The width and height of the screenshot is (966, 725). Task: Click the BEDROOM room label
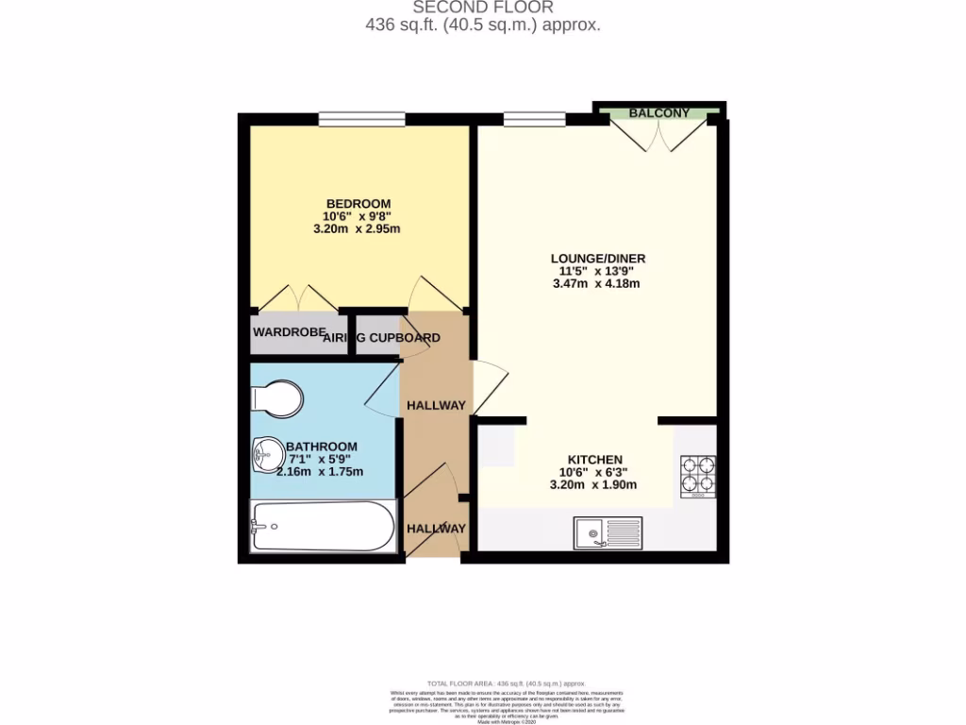tap(358, 204)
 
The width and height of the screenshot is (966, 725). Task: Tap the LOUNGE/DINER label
tap(598, 258)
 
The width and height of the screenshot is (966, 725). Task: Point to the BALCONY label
tap(659, 113)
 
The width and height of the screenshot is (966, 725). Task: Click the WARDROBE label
tap(288, 333)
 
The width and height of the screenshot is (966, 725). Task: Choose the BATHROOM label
tap(322, 447)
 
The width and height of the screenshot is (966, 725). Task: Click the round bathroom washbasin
tap(266, 457)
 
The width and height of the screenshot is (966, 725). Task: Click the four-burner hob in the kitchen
tap(698, 477)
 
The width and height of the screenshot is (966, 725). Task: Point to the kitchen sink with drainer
tap(608, 534)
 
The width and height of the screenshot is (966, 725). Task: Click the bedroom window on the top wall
tap(361, 119)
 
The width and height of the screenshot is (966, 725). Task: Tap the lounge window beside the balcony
tap(534, 119)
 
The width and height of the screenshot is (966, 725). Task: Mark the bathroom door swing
tap(382, 391)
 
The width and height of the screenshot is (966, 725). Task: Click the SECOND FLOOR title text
tap(482, 8)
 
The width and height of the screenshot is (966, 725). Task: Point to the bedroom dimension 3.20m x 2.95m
tap(358, 228)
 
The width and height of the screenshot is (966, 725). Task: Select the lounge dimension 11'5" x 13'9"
tap(598, 271)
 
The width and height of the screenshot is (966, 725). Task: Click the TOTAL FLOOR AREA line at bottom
tap(508, 683)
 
